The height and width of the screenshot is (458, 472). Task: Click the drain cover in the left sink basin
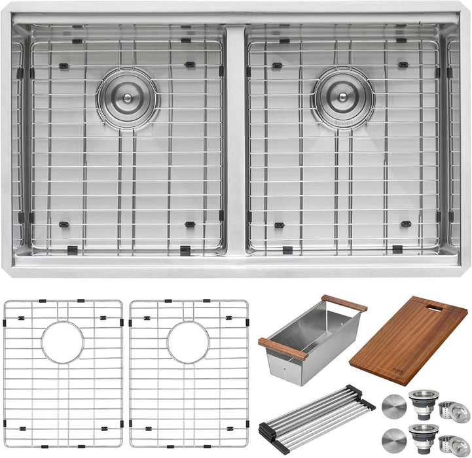(x=128, y=97)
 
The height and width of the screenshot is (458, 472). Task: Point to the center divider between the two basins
(x=236, y=137)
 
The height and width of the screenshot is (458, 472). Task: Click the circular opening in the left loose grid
(x=62, y=342)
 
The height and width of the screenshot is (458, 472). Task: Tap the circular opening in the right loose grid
(x=188, y=342)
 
